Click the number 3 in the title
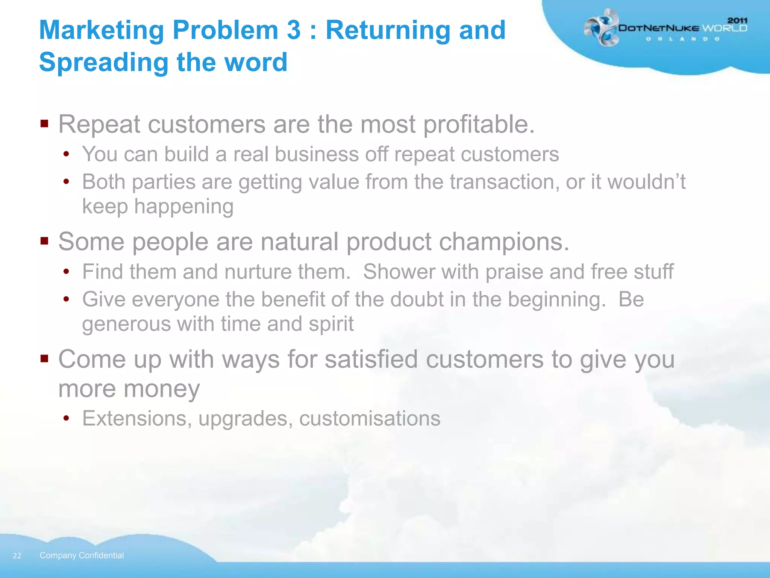tap(294, 30)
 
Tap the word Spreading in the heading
tap(104, 62)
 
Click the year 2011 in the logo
tap(737, 21)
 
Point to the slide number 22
tap(17, 556)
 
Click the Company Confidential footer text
tap(82, 555)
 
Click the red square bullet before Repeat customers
tap(44, 124)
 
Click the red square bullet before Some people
tap(44, 241)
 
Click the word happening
tap(184, 207)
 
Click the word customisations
tap(370, 418)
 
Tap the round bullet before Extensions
tap(66, 418)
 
